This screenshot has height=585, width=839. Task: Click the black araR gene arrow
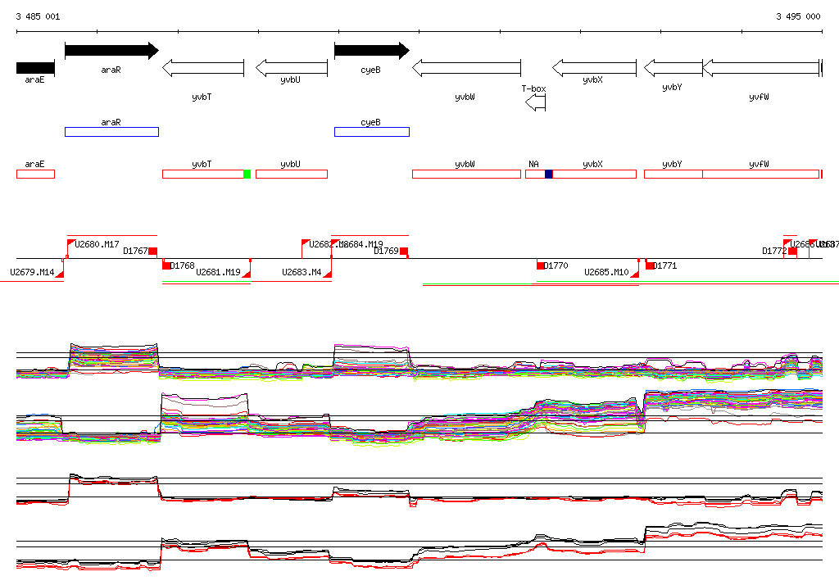coord(111,51)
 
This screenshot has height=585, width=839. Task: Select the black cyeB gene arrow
coord(371,51)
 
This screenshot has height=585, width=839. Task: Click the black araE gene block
coord(35,67)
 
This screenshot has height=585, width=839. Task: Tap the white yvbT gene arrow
coord(203,68)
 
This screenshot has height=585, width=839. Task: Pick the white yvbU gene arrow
coord(291,67)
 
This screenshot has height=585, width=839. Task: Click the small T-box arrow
coord(535,102)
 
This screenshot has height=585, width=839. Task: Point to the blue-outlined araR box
coord(111,132)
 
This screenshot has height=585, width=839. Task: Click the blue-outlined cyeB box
coord(371,132)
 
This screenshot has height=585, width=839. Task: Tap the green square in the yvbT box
coord(247,174)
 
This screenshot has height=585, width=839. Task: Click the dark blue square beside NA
coord(549,174)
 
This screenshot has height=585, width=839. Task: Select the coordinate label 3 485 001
coord(38,16)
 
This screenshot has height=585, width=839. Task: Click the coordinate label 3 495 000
coord(798,16)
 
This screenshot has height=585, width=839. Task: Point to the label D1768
coord(183,265)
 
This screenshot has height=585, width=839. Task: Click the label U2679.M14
coord(32,272)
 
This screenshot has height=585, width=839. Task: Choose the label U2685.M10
coord(606,272)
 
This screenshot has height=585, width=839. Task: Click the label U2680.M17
coord(97,244)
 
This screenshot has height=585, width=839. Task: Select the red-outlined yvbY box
coord(673,174)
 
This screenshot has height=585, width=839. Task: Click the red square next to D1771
coord(650,265)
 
